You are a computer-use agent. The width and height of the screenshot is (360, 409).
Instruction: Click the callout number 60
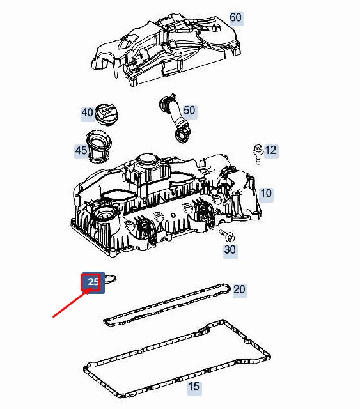[x=235, y=17]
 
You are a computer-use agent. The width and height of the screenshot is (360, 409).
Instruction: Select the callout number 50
[x=189, y=111]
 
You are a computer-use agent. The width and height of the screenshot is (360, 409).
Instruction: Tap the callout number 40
[x=87, y=112]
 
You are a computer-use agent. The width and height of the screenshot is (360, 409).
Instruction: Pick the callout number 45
[x=81, y=151]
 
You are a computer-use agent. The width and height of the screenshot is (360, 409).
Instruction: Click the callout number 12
[x=270, y=150]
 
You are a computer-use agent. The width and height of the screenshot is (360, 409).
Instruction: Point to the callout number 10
[x=265, y=192]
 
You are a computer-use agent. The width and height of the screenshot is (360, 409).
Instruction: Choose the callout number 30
[x=230, y=250]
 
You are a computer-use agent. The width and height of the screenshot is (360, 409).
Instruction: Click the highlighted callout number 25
[x=93, y=281]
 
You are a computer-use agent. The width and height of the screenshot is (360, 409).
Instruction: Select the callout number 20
[x=239, y=289]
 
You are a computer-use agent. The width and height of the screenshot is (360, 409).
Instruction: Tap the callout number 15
[x=193, y=387]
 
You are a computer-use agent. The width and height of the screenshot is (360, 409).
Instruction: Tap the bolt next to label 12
[x=257, y=151]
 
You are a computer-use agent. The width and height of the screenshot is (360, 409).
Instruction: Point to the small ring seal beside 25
[x=111, y=279]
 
